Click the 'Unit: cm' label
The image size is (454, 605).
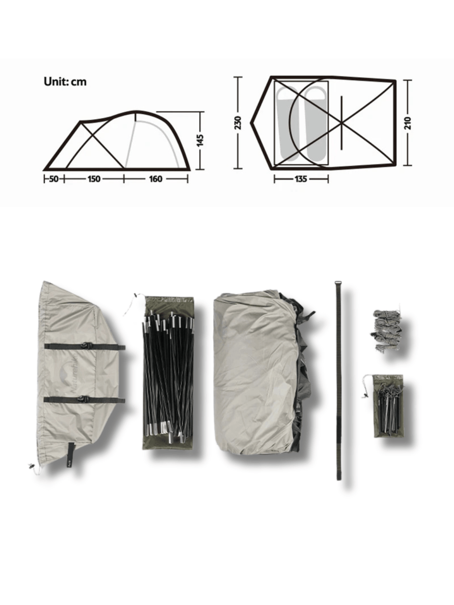click(65, 82)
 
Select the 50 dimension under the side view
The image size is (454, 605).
click(54, 179)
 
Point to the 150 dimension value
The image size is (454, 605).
click(94, 179)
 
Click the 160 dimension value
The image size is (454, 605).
click(156, 179)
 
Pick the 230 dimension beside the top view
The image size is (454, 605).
click(238, 123)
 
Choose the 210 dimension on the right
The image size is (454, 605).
click(408, 123)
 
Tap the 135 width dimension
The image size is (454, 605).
click(301, 179)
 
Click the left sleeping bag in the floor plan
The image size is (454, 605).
click(288, 124)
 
